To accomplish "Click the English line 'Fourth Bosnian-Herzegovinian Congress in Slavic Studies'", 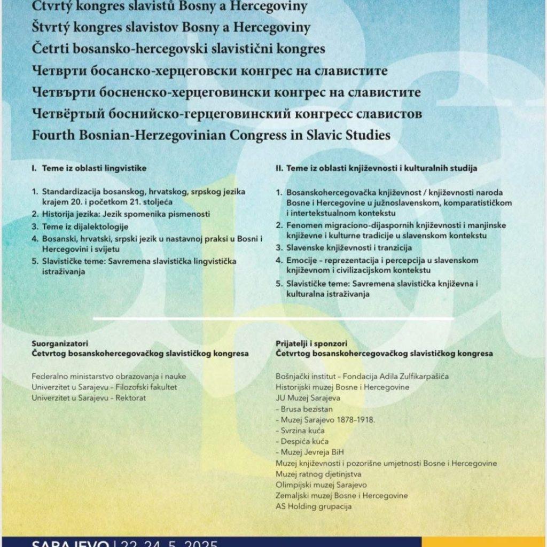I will (211, 135).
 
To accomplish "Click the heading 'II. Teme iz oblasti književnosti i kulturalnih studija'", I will (377, 168).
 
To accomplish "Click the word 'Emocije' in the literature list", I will (303, 260).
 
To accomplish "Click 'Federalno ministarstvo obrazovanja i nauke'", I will (109, 377).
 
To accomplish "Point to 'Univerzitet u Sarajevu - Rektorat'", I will (89, 398).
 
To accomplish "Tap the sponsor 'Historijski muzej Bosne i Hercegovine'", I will (342, 387).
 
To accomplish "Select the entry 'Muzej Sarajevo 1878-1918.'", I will (327, 419).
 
